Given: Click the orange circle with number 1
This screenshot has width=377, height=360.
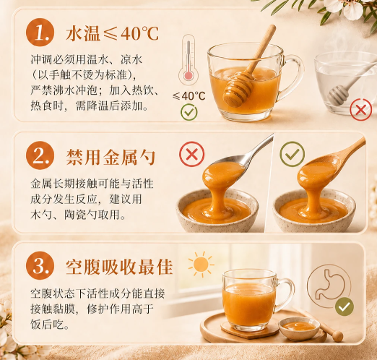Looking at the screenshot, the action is point(40,32).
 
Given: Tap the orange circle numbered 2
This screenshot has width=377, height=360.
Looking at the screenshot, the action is point(40,155).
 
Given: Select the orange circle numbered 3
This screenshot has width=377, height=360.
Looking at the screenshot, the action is point(40,265).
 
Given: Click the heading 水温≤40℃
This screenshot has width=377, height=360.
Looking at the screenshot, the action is point(112,33).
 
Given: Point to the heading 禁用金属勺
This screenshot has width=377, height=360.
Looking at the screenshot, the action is point(110,157).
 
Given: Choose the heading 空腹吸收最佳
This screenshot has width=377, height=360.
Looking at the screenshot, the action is point(119,267).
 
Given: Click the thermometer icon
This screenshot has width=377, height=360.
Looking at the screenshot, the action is point(188,60).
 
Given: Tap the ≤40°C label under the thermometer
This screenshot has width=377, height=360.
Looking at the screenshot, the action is point(189,95).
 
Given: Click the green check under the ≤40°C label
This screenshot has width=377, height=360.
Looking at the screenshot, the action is point(189,112).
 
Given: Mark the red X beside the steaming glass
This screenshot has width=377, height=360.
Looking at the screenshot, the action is point(361,110).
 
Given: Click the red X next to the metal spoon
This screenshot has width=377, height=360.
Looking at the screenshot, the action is point(192,154).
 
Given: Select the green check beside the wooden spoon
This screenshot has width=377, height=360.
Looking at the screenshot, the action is point(292,154).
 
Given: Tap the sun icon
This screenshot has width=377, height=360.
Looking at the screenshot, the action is point(201,265).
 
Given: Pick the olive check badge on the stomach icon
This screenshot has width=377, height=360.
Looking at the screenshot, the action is point(344,307).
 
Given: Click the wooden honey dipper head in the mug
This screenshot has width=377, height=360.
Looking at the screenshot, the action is point(238,90).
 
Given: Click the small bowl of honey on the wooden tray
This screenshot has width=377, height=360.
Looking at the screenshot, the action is point(299,327).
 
